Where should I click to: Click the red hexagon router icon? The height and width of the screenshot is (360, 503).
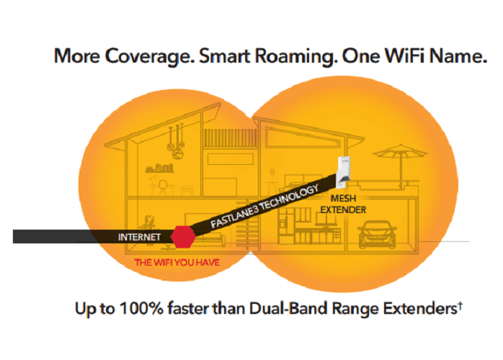[x=183, y=237]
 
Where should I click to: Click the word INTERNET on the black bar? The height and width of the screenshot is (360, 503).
[x=139, y=237]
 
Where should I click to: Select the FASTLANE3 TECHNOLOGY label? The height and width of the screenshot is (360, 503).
[x=264, y=206]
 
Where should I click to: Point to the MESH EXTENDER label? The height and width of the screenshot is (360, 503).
[x=343, y=204]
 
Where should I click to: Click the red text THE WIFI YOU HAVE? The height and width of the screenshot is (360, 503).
[x=177, y=263]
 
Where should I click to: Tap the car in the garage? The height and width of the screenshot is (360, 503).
[x=377, y=234]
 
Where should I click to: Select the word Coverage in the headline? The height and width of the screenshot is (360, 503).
[x=149, y=56]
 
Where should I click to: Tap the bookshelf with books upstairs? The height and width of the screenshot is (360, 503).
[x=159, y=168]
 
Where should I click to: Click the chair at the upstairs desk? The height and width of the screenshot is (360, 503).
[x=163, y=187]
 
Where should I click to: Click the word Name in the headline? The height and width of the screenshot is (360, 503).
[x=458, y=55]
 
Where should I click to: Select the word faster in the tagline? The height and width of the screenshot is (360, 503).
[x=187, y=308]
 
